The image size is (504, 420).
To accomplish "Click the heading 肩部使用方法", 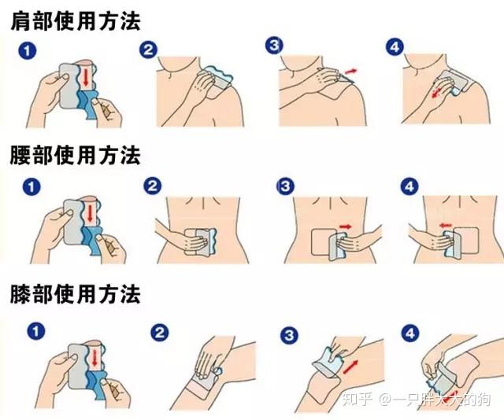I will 75,20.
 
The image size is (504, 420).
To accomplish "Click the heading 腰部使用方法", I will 75,156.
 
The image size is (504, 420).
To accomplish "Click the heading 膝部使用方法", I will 75,295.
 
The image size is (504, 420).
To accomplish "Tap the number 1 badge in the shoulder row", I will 27,51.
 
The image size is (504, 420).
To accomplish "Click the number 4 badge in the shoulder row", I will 395,46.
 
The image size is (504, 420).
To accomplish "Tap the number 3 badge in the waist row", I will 285,187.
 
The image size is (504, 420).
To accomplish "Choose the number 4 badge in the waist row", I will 409,187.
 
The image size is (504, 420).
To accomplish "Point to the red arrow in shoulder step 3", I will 348,72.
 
